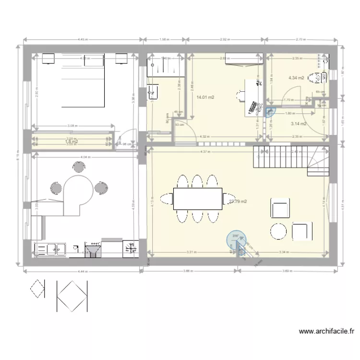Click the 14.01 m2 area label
coord(205,97)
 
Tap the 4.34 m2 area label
coord(296,78)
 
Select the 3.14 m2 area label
coord(298,124)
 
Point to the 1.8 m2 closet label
coord(72,141)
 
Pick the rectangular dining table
coord(198,198)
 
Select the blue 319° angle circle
coord(236,237)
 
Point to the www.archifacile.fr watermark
coord(326,331)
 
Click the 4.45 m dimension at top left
coord(82,40)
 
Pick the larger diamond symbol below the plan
coord(72,295)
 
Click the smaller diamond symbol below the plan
coord(38,288)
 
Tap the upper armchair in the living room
coord(281,207)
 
